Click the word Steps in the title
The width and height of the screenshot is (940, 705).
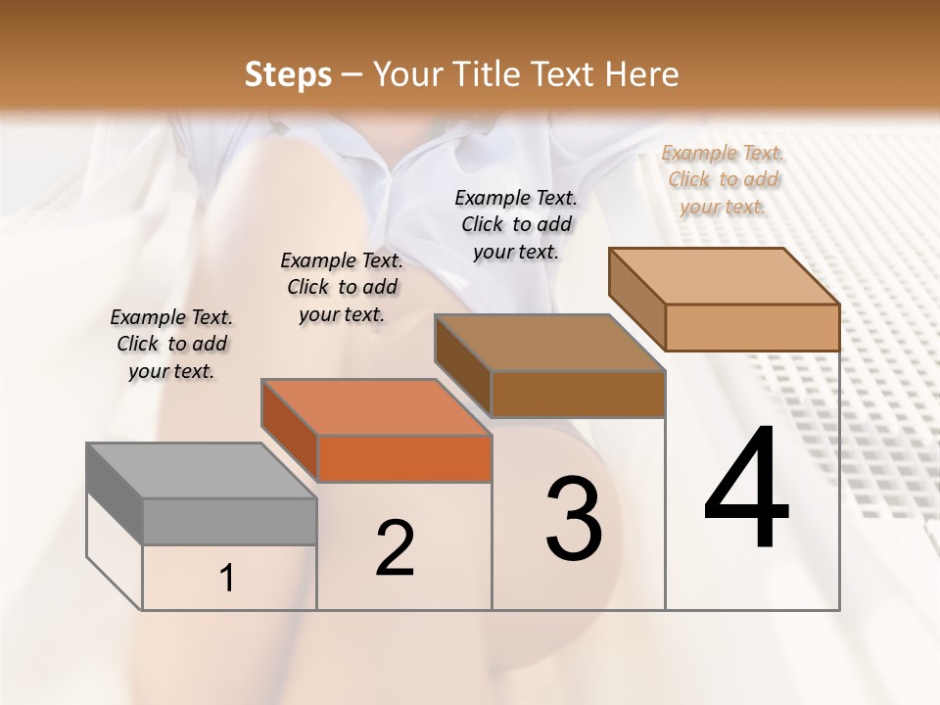pyautogui.click(x=288, y=74)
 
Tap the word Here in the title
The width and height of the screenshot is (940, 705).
pyautogui.click(x=644, y=74)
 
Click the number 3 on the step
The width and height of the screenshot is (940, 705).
pyautogui.click(x=574, y=518)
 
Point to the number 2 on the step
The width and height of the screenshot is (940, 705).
pyautogui.click(x=395, y=548)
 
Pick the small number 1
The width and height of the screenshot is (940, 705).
pyautogui.click(x=226, y=579)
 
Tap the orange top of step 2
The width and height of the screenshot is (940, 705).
pyautogui.click(x=376, y=407)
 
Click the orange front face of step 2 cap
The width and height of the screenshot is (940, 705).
pyautogui.click(x=404, y=458)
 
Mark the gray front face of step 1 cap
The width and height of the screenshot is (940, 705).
pyautogui.click(x=230, y=521)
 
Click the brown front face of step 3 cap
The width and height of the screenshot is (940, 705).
pyautogui.click(x=579, y=394)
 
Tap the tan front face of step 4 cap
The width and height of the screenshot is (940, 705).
pyautogui.click(x=752, y=327)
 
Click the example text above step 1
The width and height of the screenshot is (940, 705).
pyautogui.click(x=171, y=344)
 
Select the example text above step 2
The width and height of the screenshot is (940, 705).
pyautogui.click(x=342, y=287)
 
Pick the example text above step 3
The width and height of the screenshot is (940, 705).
pyautogui.click(x=516, y=224)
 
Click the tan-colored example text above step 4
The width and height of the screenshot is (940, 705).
pyautogui.click(x=723, y=179)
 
